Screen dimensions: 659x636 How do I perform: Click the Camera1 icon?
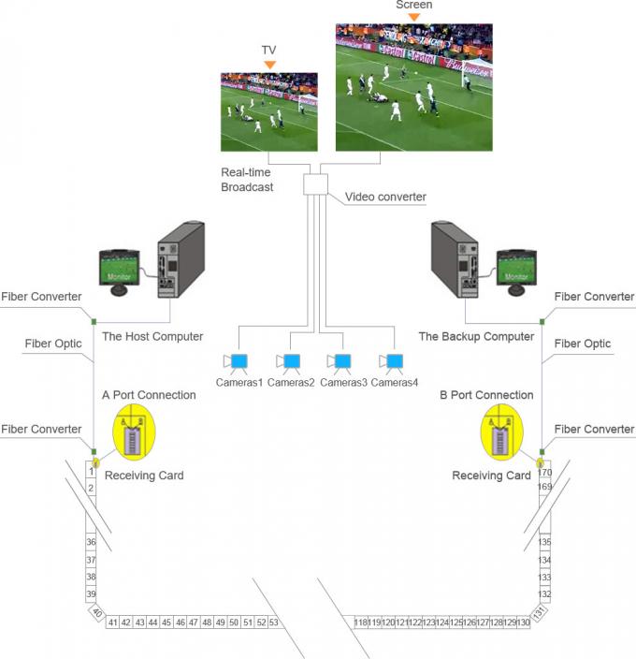[238, 361]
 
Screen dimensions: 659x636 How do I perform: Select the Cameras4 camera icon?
[394, 361]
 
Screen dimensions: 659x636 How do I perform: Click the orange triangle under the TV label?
[269, 65]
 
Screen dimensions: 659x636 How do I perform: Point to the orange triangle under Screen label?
[413, 17]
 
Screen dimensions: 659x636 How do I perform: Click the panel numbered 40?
[97, 612]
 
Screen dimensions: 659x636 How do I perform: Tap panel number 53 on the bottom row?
[274, 622]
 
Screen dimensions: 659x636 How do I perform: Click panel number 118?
[361, 622]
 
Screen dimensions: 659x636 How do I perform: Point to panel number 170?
[544, 473]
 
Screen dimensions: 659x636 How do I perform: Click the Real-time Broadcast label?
[247, 180]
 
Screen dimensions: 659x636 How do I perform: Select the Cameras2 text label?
[291, 382]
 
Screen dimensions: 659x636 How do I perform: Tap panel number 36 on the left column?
[91, 542]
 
